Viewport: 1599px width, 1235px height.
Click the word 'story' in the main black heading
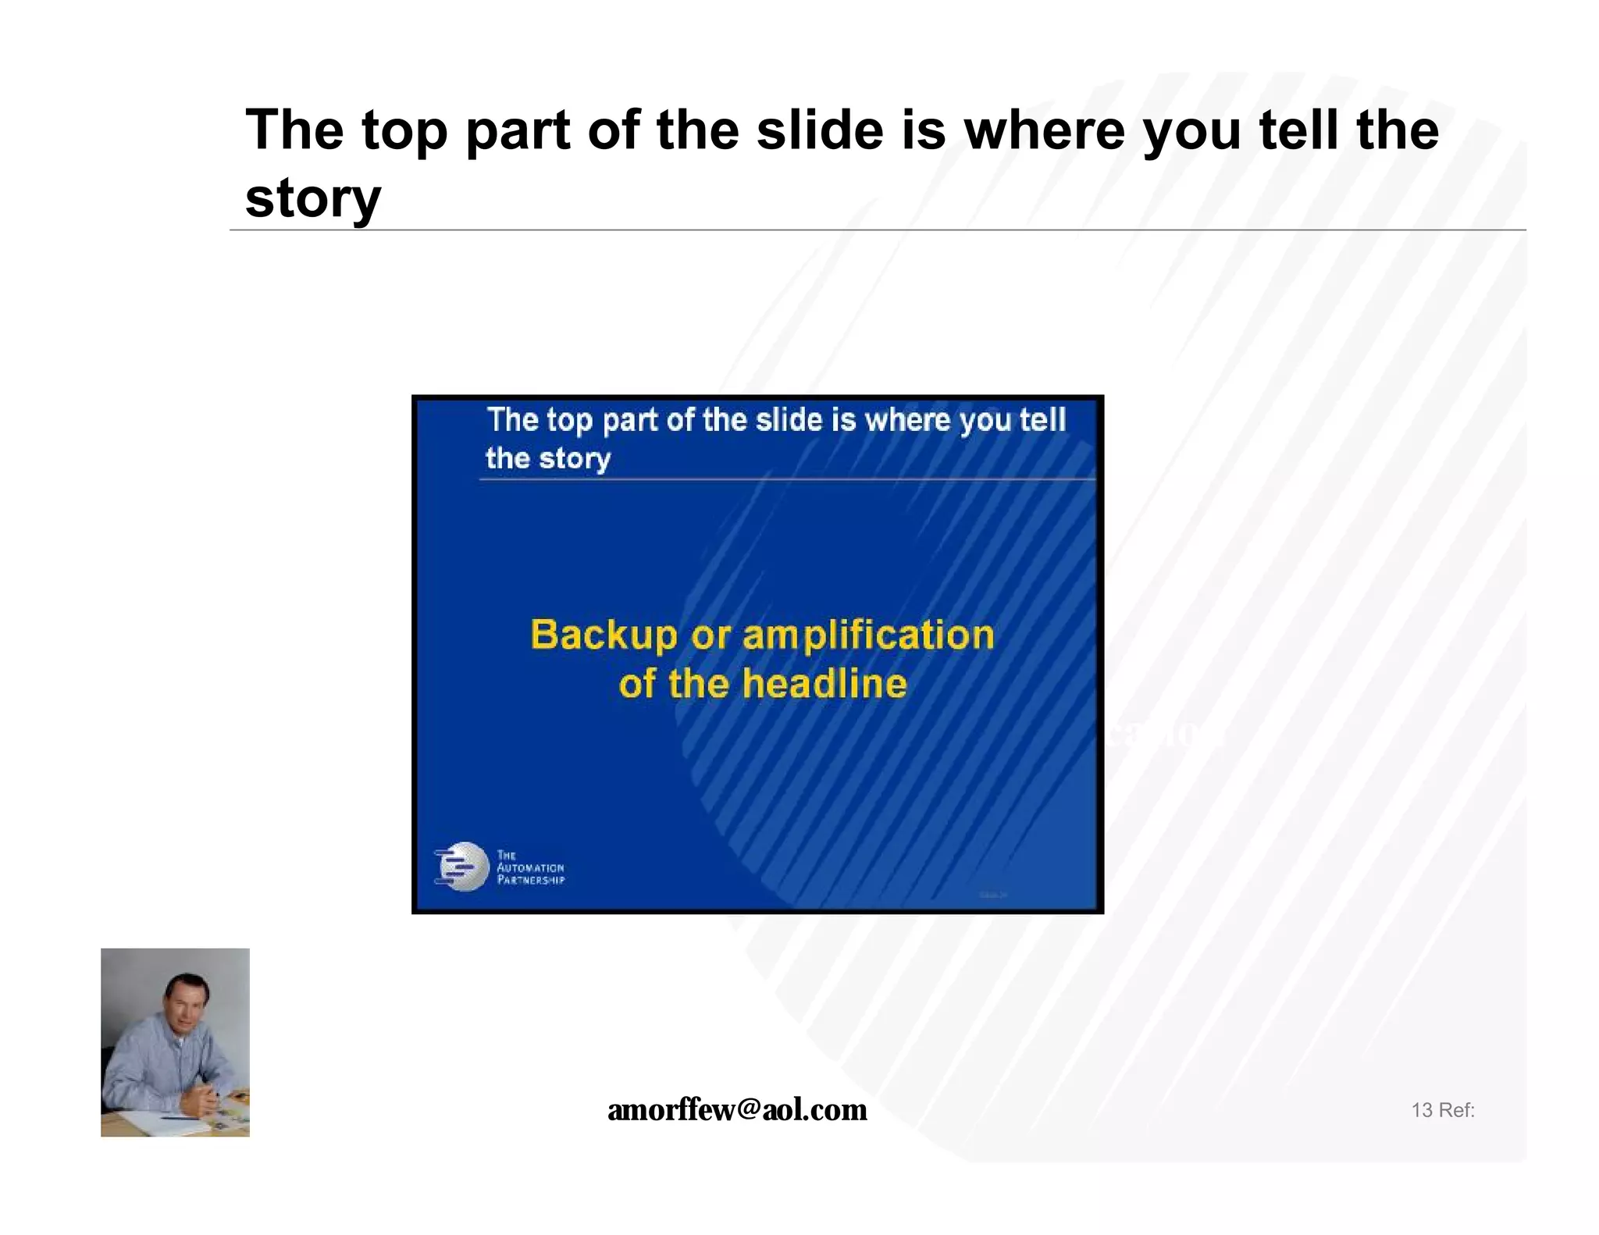(x=312, y=198)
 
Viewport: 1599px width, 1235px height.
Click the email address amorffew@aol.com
(x=737, y=1109)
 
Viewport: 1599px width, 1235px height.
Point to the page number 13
(x=1421, y=1110)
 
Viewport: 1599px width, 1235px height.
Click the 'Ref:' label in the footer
(x=1457, y=1110)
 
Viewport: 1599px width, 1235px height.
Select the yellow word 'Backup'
(x=604, y=635)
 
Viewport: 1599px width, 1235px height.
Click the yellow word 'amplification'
(x=868, y=635)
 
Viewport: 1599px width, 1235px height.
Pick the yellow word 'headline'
(x=824, y=684)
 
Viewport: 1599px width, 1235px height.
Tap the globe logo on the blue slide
(x=462, y=867)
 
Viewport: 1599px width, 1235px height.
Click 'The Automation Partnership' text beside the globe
(x=530, y=867)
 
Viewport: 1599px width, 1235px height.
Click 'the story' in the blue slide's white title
(x=547, y=458)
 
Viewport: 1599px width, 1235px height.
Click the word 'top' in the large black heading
(x=404, y=131)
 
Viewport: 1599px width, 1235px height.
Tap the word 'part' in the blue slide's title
(x=629, y=422)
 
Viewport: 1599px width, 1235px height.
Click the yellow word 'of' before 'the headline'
(x=636, y=684)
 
